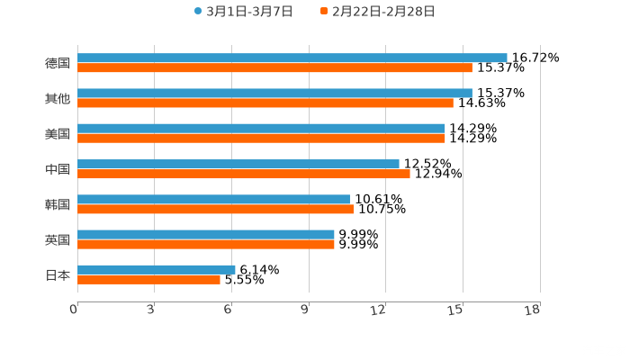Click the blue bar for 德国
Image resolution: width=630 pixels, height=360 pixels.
(292, 58)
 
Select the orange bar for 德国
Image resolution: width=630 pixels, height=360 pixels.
(274, 67)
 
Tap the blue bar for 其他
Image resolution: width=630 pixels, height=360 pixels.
(274, 93)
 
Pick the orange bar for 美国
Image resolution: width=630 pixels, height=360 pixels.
(261, 138)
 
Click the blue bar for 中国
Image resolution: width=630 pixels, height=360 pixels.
(238, 164)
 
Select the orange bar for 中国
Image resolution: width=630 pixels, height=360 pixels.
(244, 174)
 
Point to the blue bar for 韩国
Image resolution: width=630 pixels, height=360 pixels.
(213, 199)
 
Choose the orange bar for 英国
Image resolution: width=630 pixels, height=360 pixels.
(206, 244)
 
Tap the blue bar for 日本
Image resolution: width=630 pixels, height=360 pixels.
(157, 269)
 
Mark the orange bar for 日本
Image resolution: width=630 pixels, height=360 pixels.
(149, 279)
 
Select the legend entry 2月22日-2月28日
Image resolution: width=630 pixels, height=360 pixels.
(382, 12)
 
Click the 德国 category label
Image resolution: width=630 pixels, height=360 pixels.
(57, 63)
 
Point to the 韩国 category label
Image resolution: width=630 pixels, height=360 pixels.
(57, 204)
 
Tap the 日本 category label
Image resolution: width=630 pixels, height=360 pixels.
(57, 274)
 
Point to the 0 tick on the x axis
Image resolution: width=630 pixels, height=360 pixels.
(74, 310)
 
